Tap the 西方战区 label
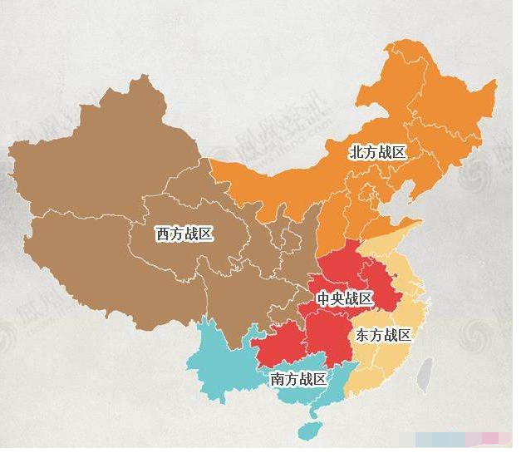184,234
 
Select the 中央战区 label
343,298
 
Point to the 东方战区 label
383,336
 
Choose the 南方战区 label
298,379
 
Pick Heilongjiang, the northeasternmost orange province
440,91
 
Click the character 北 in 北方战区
356,152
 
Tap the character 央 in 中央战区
337,298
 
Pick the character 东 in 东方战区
363,336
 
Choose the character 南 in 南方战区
278,379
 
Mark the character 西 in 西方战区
164,234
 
